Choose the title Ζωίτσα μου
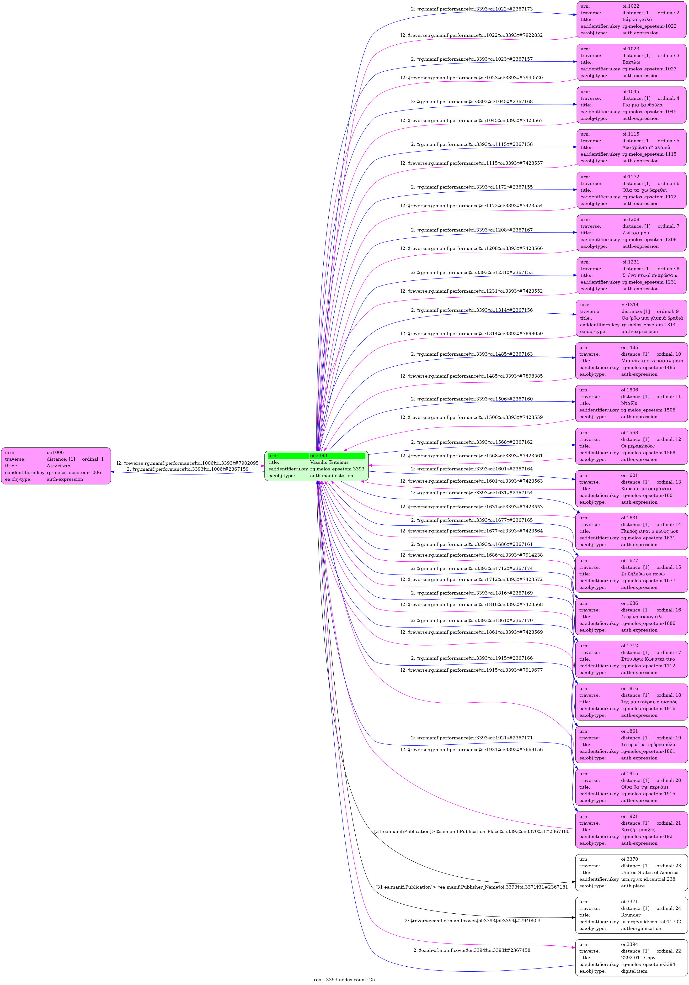635,233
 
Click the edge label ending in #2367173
471,9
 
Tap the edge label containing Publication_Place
471,832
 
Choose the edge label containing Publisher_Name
471,887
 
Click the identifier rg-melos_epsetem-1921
648,837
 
